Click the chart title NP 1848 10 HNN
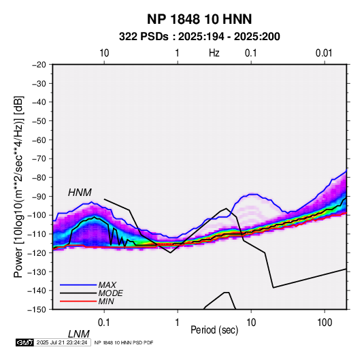coord(199,19)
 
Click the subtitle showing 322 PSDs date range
coord(199,37)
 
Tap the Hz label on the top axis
coord(214,53)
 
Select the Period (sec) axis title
coord(214,330)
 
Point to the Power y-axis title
coord(18,186)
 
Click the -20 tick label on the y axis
coord(39,65)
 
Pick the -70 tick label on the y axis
coord(39,159)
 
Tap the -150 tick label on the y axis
coord(37,310)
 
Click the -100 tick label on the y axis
coord(37,215)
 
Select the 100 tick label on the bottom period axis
coord(325,323)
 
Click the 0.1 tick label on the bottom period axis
coord(104,323)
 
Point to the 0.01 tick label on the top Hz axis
coord(324,53)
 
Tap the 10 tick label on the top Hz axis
coord(104,53)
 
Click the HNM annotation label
coord(80,193)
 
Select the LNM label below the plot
coord(78,334)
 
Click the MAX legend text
coord(107,285)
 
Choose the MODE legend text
coord(110,293)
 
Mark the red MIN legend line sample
coord(78,301)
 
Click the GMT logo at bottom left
coord(25,342)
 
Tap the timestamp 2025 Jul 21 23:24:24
coord(62,342)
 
